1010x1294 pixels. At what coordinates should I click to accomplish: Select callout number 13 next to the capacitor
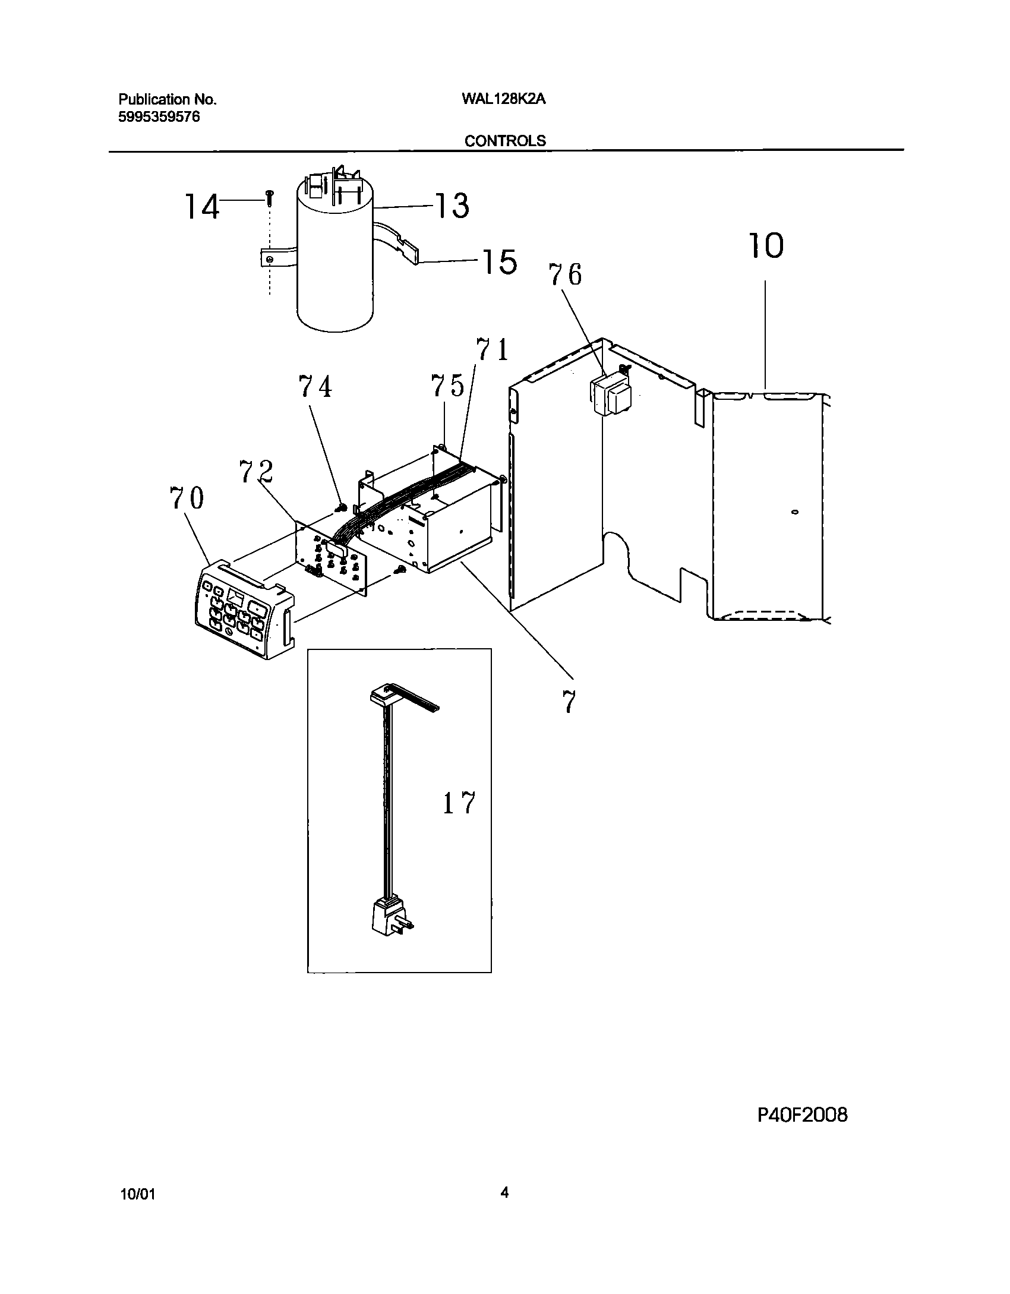point(453,206)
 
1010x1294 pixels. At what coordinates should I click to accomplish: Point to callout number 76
point(565,274)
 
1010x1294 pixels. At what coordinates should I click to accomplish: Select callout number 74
point(315,387)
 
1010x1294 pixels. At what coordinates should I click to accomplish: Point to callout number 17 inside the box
point(459,803)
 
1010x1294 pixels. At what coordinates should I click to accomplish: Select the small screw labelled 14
point(270,195)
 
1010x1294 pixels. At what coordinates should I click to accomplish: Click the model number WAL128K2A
point(503,100)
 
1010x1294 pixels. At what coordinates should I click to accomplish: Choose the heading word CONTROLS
point(505,141)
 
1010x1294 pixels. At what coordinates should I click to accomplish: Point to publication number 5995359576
point(159,117)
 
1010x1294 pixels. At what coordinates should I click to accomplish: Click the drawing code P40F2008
point(803,1115)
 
